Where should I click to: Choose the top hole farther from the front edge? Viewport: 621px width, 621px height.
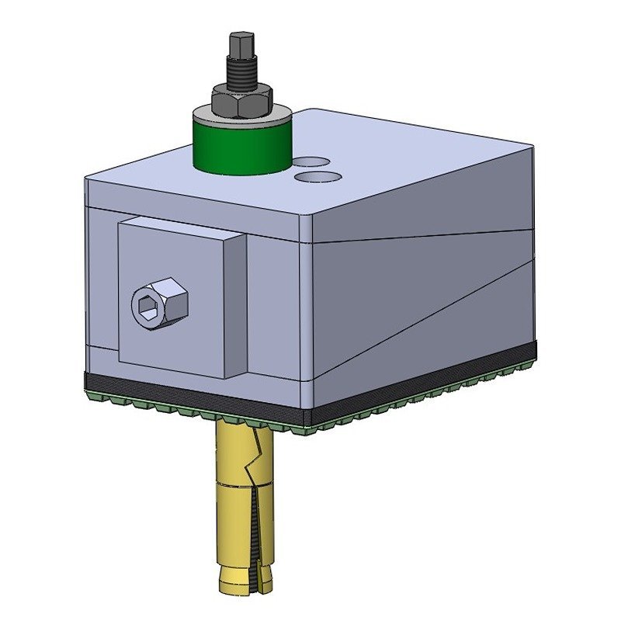(310, 162)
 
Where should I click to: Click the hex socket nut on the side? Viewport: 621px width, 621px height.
(159, 303)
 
